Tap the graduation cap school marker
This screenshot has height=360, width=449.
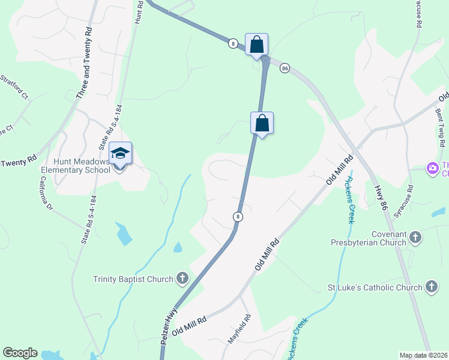[120, 154]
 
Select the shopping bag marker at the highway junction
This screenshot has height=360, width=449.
[257, 44]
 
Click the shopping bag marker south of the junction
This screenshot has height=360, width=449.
[262, 123]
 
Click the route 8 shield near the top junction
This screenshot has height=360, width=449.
[232, 43]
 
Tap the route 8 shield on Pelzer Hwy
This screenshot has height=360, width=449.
[238, 217]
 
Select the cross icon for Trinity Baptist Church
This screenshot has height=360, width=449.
[182, 278]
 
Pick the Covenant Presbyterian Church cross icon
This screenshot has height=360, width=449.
[414, 238]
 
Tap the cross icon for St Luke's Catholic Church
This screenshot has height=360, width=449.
[431, 287]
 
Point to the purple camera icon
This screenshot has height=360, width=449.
[432, 169]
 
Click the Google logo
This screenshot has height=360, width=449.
[20, 353]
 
